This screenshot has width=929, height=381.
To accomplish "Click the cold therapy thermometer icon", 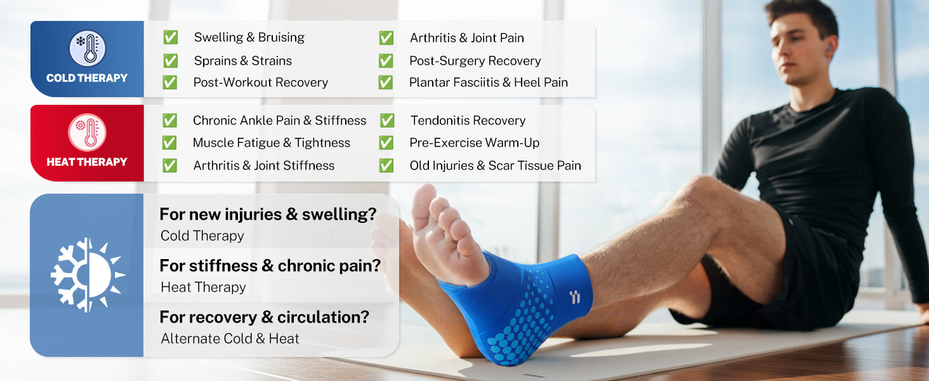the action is tap(87, 48).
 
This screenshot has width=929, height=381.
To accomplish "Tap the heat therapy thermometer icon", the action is tap(87, 132).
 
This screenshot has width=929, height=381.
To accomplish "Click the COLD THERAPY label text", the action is tap(87, 78).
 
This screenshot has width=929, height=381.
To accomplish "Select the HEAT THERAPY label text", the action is tap(87, 162).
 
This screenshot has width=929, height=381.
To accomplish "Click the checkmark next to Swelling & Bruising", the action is tap(170, 37).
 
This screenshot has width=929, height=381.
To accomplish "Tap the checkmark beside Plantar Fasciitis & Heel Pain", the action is tap(386, 82).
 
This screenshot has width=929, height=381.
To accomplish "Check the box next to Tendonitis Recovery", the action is tap(387, 121).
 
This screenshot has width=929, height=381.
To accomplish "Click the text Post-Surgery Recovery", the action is tap(475, 61).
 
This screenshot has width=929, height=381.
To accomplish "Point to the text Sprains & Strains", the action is tap(242, 61).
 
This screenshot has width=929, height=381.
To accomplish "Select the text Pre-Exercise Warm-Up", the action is tap(474, 143).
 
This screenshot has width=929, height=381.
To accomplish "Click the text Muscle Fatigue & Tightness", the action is tap(271, 143).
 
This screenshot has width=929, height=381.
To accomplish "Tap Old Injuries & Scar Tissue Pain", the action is tap(495, 166).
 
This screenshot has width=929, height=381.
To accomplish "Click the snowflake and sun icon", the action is tap(88, 275).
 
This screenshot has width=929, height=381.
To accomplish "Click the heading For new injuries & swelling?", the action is tap(268, 214).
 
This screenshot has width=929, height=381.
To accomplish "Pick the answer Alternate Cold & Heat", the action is tap(230, 338).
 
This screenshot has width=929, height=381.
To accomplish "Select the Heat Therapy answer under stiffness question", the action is tap(203, 287).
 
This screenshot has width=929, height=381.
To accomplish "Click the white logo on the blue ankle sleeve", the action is tap(575, 297).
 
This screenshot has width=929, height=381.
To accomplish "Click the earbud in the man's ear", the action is tap(829, 48).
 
